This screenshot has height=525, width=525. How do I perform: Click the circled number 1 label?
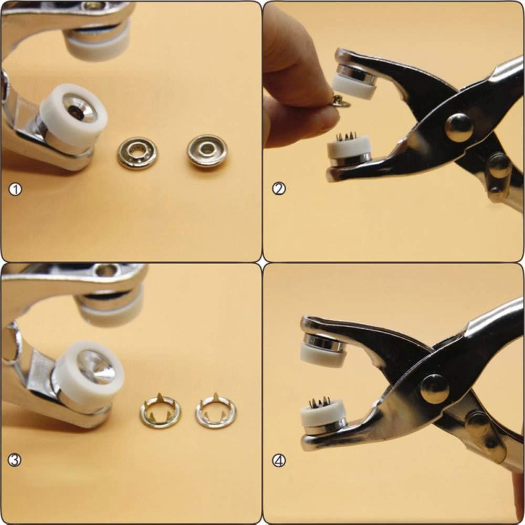coord(15,190)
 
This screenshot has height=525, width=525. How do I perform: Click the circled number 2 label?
coord(279,189)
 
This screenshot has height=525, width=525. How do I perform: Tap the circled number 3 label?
coord(14,460)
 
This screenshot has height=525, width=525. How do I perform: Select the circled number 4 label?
coord(279,461)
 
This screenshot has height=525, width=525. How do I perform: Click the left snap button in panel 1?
coord(138,153)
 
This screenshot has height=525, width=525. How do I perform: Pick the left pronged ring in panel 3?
coord(160,411)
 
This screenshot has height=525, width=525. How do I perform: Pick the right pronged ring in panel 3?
coord(216,411)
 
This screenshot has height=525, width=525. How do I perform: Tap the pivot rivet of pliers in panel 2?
coord(459,127)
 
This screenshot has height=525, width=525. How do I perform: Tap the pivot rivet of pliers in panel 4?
coord(435,388)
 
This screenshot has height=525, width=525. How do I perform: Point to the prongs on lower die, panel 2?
coord(346,136)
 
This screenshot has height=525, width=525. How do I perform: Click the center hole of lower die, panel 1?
coord(72,110)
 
